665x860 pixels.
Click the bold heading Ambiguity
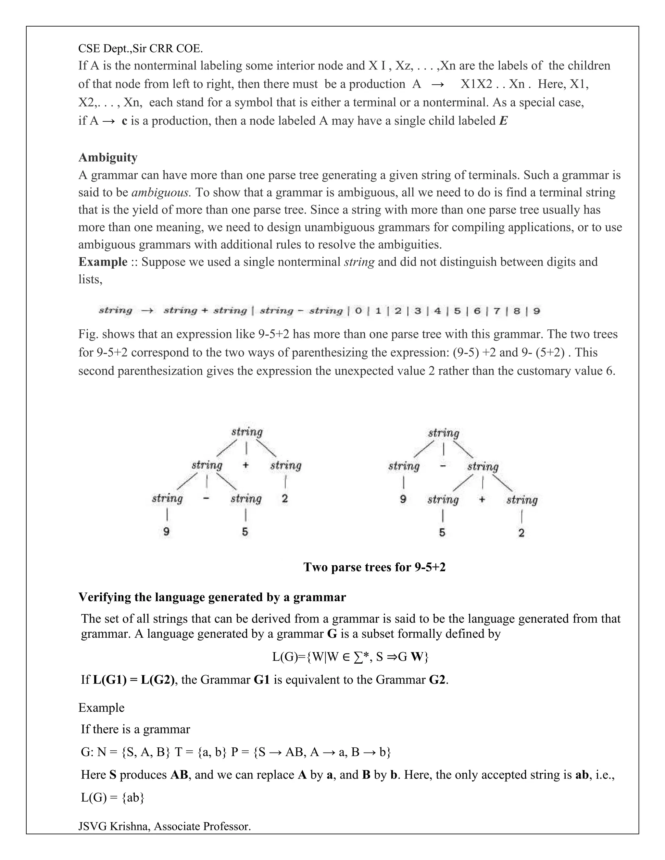tap(108, 157)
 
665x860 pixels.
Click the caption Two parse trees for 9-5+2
tap(374, 567)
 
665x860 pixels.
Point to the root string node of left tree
tap(247, 432)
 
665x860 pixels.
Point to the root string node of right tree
tap(444, 434)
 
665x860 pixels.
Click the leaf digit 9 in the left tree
tap(167, 532)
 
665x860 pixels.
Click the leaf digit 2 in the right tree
tap(521, 533)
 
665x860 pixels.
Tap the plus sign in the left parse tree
tap(246, 465)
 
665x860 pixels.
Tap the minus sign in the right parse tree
tap(443, 466)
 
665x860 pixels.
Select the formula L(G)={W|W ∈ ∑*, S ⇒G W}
tap(350, 657)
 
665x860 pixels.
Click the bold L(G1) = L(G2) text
tap(133, 680)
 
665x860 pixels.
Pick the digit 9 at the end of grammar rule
tap(536, 311)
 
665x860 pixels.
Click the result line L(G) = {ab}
tap(113, 797)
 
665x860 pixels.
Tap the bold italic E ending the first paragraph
tap(503, 121)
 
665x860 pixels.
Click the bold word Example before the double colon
tap(103, 262)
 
